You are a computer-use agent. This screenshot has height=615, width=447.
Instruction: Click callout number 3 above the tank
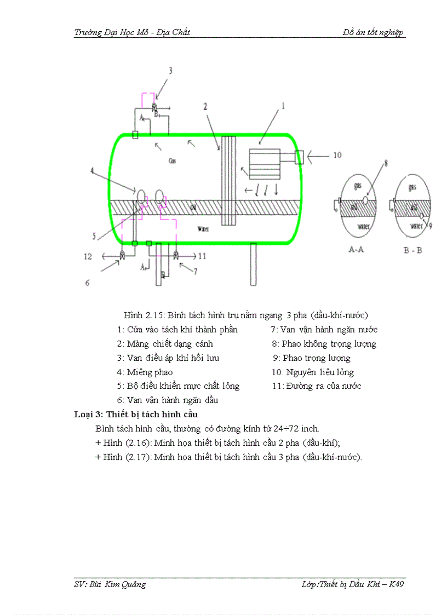coord(170,70)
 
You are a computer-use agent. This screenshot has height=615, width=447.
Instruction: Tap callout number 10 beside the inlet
coord(337,156)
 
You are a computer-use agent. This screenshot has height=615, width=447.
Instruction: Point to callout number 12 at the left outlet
coord(88,256)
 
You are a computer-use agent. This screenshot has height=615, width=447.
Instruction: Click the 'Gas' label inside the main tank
coord(172,162)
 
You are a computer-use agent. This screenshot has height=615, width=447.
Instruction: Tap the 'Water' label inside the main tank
coord(204,228)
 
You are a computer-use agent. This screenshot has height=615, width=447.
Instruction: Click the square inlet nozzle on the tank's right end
coord(299,157)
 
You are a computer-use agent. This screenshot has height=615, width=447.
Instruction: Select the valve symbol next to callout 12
coord(122,256)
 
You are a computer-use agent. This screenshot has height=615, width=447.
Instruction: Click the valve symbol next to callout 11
coord(175,256)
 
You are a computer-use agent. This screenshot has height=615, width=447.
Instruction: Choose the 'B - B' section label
coord(412,250)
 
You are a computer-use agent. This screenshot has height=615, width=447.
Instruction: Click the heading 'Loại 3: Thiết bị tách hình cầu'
coord(140,415)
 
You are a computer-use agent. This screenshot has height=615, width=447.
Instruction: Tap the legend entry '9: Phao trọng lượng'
coord(311,358)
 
